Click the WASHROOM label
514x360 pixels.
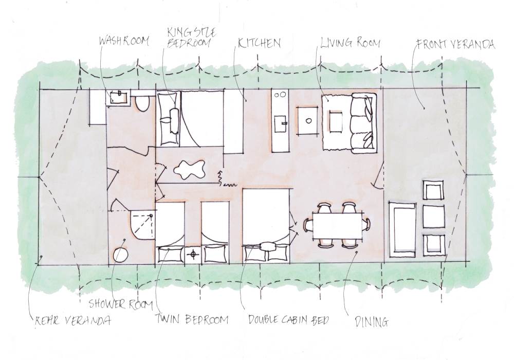(124, 41)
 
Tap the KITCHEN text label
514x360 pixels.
(259, 43)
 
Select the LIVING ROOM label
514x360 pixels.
(350, 43)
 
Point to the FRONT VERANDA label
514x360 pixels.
(455, 44)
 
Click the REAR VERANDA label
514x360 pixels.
(73, 320)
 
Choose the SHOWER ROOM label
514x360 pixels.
(121, 304)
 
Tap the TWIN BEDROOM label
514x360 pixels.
(192, 319)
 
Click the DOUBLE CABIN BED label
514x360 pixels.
(288, 319)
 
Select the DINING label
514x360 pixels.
(372, 321)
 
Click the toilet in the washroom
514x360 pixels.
(142, 103)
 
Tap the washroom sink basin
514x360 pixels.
(119, 97)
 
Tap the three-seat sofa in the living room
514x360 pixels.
(363, 123)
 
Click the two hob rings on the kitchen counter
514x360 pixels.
(281, 95)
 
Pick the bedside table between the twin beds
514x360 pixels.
(193, 255)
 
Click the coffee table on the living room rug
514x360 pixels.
(336, 122)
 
